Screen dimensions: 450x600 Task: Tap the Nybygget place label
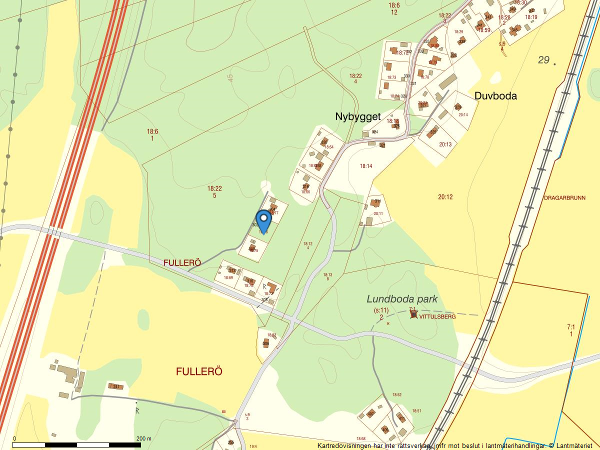[358, 116]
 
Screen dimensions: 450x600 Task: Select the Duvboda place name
[495, 96]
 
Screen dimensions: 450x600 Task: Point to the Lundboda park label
[402, 299]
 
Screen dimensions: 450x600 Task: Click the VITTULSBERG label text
[437, 316]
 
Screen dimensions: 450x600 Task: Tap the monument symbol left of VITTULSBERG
[413, 314]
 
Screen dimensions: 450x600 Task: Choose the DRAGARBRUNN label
[564, 198]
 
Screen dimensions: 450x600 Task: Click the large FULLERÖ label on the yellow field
[199, 371]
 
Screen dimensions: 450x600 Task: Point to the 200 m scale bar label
[144, 438]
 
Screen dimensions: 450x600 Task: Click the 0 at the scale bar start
[14, 438]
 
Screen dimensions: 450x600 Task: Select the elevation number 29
[543, 60]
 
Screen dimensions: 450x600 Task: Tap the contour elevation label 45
[230, 78]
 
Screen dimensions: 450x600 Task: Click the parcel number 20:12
[445, 197]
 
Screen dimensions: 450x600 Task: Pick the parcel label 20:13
[445, 144]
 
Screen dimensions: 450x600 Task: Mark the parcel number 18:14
[366, 166]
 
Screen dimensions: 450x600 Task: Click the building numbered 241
[116, 386]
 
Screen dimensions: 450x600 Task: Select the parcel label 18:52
[396, 395]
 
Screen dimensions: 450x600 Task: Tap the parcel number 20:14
[463, 115]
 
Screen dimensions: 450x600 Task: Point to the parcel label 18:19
[531, 17]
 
